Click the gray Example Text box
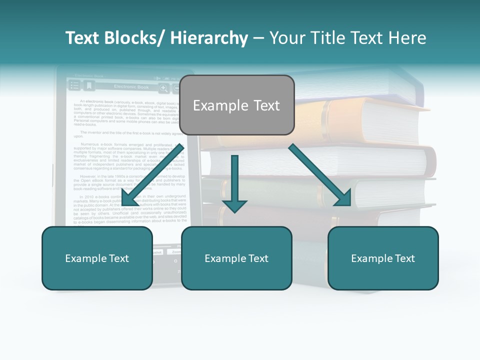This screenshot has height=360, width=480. click(236, 105)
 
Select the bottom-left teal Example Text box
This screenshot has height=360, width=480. click(97, 258)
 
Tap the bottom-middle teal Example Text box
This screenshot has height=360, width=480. click(236, 258)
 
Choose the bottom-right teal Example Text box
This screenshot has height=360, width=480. click(383, 258)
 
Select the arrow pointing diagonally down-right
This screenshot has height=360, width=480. click(320, 175)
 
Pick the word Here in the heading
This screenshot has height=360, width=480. click(407, 38)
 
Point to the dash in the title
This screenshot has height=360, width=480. click(258, 38)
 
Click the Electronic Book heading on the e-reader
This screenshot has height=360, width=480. click(131, 87)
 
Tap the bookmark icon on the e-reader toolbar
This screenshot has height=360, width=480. click(89, 86)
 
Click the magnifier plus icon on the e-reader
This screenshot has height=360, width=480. click(163, 88)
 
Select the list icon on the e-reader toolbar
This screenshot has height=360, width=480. click(74, 86)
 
